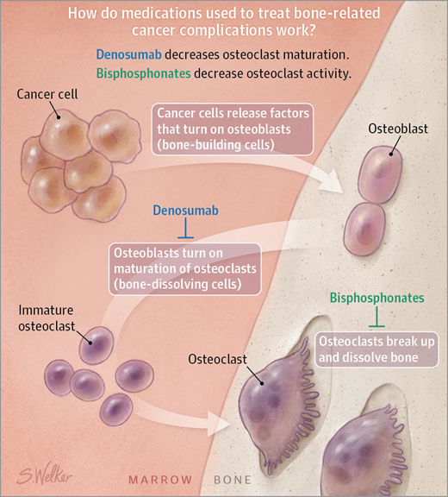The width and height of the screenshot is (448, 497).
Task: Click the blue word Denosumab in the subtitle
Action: pyautogui.click(x=128, y=54)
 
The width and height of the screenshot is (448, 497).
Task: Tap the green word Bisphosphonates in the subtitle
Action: pyautogui.click(x=143, y=73)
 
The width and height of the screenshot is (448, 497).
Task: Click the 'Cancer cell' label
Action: pyautogui.click(x=47, y=94)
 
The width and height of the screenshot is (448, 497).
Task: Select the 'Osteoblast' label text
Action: pyautogui.click(x=398, y=129)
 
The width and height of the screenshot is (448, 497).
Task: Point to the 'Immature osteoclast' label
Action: pyautogui.click(x=47, y=318)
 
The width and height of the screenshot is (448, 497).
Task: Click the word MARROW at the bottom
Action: pyautogui.click(x=160, y=480)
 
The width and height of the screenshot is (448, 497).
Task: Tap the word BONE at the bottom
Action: pyautogui.click(x=233, y=480)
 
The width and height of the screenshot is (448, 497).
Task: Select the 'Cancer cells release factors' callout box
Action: pyautogui.click(x=233, y=129)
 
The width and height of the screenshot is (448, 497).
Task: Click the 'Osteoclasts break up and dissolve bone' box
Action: pyautogui.click(x=376, y=349)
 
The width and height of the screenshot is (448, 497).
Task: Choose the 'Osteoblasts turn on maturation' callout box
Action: pyautogui.click(x=185, y=269)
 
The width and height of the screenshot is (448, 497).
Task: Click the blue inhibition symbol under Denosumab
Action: pyautogui.click(x=186, y=228)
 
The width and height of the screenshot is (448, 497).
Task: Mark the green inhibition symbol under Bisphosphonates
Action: pyautogui.click(x=376, y=317)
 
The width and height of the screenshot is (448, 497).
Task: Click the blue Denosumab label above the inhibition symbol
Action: pyautogui.click(x=186, y=211)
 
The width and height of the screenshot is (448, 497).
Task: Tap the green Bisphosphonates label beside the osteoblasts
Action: pyautogui.click(x=376, y=298)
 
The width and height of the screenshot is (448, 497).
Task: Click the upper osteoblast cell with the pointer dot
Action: pyautogui.click(x=380, y=174)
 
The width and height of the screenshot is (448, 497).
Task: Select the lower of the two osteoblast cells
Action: pyautogui.click(x=364, y=230)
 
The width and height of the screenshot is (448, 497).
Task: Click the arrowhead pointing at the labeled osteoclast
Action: pyautogui.click(x=219, y=424)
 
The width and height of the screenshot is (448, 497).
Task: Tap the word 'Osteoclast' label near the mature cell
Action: pyautogui.click(x=217, y=360)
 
